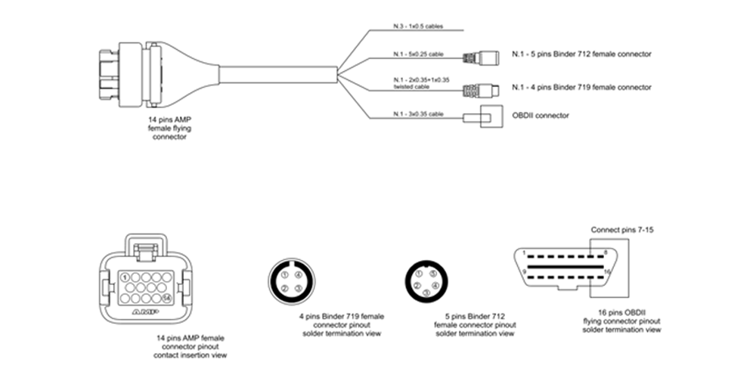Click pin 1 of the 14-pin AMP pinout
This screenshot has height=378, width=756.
click(123, 277)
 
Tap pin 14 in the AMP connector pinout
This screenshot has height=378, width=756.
click(166, 298)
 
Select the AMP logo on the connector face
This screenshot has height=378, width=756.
click(144, 311)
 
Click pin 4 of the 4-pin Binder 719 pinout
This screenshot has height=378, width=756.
click(299, 274)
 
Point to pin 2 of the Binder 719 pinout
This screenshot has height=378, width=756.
click(283, 289)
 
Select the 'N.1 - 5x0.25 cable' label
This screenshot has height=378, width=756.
click(417, 54)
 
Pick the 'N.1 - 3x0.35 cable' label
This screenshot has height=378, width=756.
click(417, 113)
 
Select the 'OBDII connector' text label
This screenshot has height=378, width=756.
click(540, 115)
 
